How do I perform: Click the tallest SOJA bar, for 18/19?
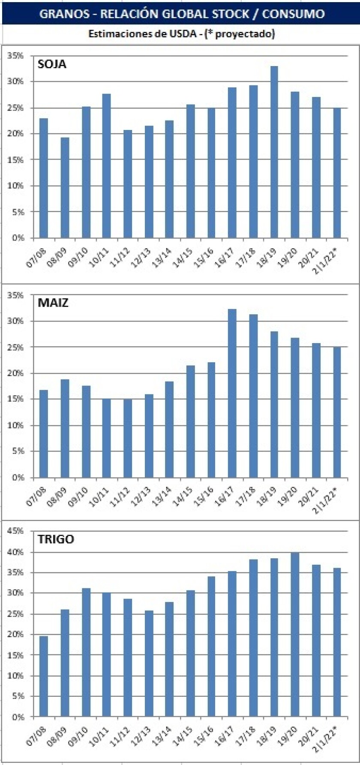click(x=274, y=152)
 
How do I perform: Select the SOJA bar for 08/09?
click(x=65, y=188)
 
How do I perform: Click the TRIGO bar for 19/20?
click(x=295, y=635)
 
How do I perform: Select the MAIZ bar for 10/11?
click(x=107, y=438)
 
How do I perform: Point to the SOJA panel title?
click(x=52, y=65)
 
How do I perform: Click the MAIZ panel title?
click(x=53, y=303)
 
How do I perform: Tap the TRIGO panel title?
click(x=56, y=539)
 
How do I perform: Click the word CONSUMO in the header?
click(x=293, y=14)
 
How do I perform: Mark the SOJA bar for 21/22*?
click(x=337, y=173)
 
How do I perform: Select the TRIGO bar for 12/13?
click(x=149, y=664)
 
